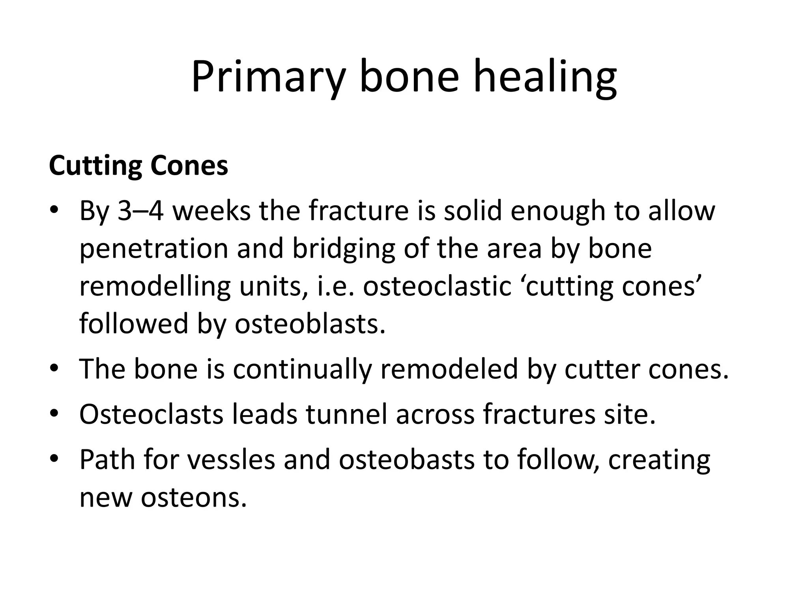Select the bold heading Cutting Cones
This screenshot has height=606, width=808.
point(138,166)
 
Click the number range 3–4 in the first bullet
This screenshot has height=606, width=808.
point(140,211)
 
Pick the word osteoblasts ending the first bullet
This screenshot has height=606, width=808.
point(310,324)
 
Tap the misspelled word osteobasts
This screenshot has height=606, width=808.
point(406,460)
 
